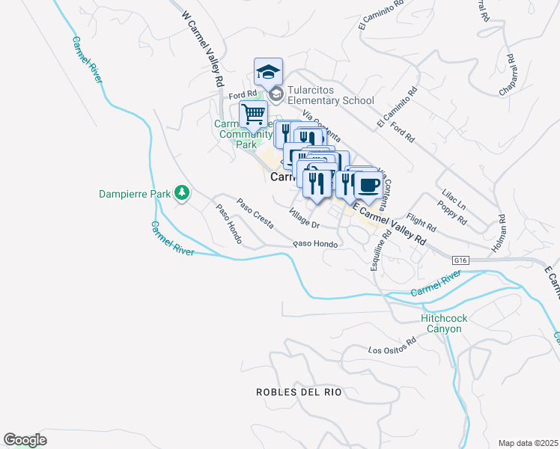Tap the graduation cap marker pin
pos(268,73)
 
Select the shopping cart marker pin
pos(254,115)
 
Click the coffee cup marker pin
pos(368,184)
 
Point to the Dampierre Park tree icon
pos(181,193)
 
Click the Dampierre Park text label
pos(136,194)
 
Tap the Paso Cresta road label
pos(255,213)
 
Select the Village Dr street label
pos(305,219)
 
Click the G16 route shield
pos(461,260)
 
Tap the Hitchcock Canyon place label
pos(444,323)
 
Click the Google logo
pos(25,440)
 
